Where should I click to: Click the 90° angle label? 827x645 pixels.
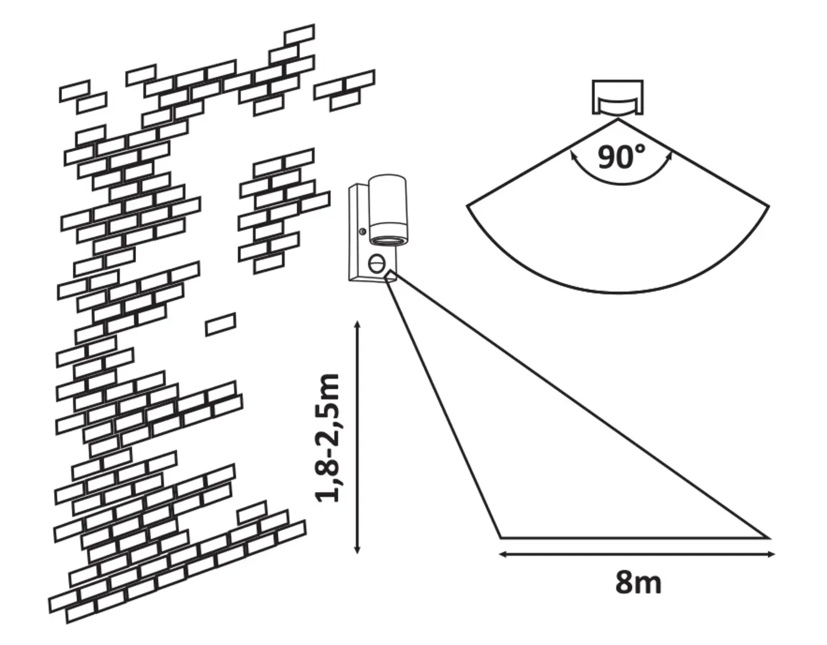point(621,156)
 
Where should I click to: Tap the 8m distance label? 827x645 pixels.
point(638,582)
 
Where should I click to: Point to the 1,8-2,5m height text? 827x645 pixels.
point(329,437)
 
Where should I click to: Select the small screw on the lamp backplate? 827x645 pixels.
point(362,232)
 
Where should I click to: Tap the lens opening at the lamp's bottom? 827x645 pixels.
point(388,240)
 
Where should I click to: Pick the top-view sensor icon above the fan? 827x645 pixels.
point(618,97)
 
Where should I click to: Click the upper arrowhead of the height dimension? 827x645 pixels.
point(357,324)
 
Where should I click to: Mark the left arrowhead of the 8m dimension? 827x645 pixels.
point(502,554)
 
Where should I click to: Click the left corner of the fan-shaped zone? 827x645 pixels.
point(467,206)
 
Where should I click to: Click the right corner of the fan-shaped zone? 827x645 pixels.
point(769,207)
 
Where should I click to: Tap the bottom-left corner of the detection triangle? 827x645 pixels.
point(500,537)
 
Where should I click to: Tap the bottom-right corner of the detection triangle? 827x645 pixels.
point(768,537)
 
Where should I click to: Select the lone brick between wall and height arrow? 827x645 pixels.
point(220,324)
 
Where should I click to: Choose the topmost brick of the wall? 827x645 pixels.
point(299,34)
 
